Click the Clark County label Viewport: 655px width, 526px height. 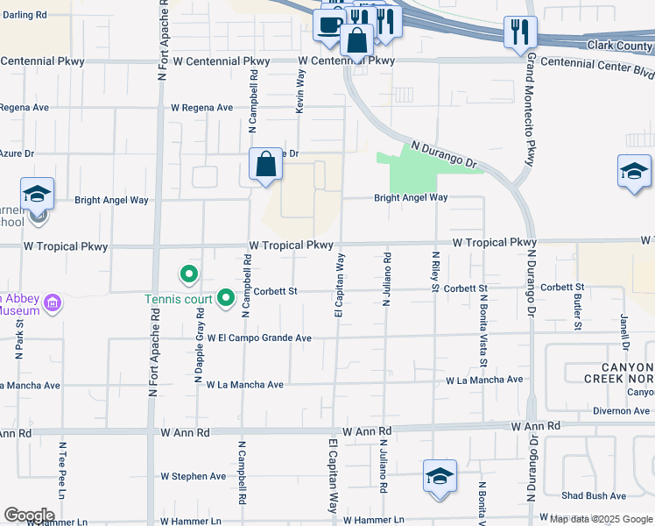[622, 46]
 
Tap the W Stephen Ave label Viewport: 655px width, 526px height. [193, 476]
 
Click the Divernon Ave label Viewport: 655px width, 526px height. [621, 410]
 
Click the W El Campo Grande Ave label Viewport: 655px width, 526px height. [260, 338]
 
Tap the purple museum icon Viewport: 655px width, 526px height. [53, 304]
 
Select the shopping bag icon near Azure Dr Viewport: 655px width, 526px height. [265, 164]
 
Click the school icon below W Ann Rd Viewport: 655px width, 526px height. [440, 476]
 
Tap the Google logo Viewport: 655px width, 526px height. [28, 515]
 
